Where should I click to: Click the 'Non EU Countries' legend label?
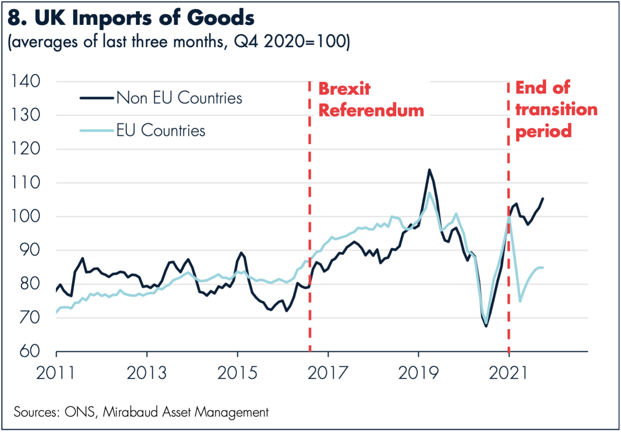tap(179, 98)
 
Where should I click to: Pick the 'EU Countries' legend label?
tap(161, 131)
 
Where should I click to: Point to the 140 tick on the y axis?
tap(26, 81)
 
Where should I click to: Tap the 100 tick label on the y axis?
tap(26, 216)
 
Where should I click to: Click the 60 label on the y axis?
tap(30, 351)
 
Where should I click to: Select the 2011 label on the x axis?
tap(55, 373)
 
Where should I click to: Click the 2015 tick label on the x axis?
tap(237, 373)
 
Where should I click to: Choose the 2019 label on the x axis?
tap(418, 373)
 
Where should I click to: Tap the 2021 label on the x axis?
tap(508, 373)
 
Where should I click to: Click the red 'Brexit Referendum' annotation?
tap(371, 99)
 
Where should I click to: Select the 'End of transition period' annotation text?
tap(556, 109)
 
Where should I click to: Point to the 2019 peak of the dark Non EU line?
tap(429, 169)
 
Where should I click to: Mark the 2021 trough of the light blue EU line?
tap(520, 301)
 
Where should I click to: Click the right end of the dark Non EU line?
tap(543, 198)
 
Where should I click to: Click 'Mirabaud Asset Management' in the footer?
tap(185, 412)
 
